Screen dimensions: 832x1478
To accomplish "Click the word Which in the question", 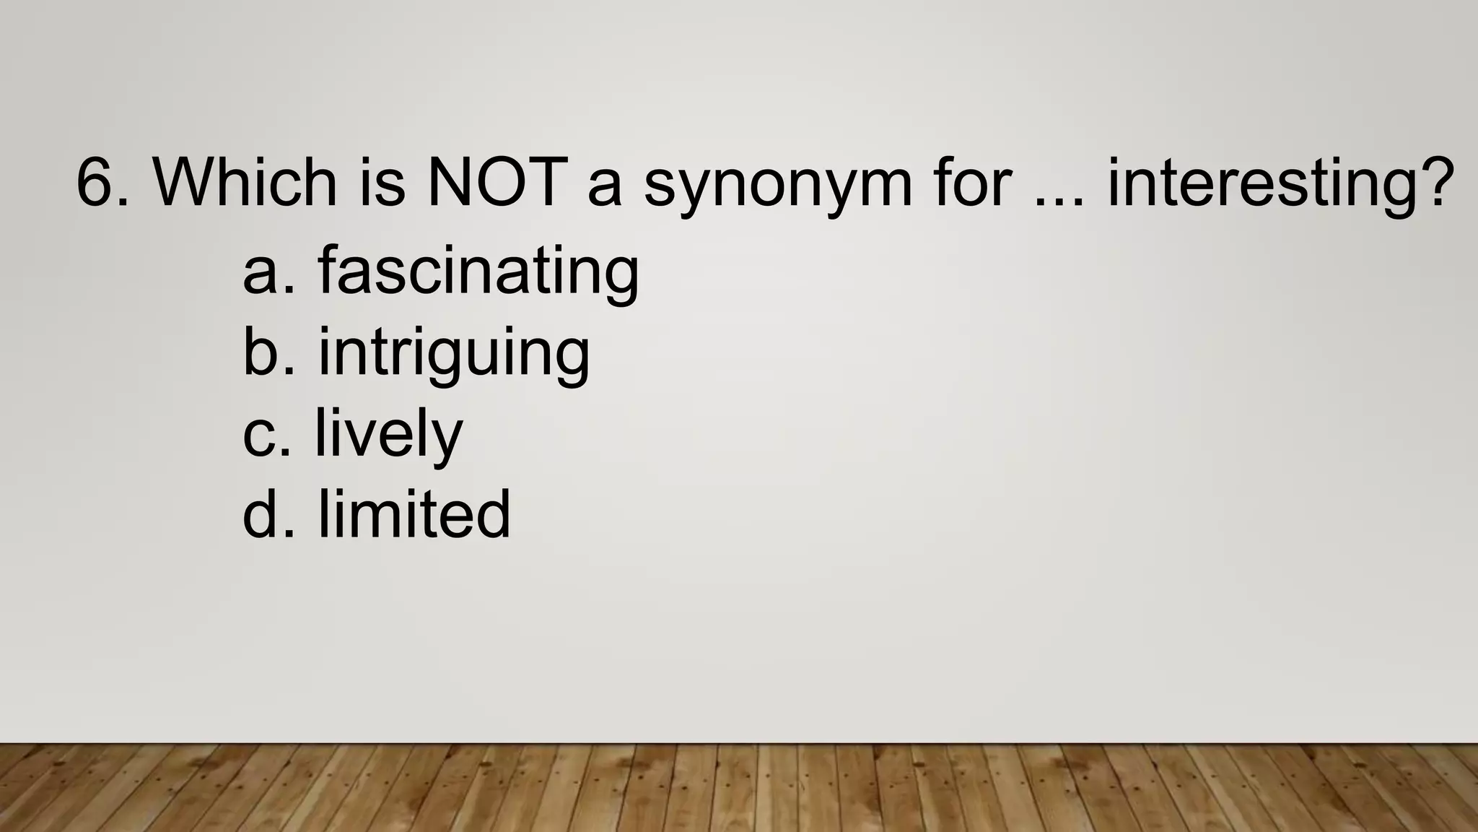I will [245, 182].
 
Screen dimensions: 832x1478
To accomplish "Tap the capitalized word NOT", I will [494, 182].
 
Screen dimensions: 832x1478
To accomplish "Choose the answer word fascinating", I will [478, 272].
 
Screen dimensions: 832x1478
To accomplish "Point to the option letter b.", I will [261, 352].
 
